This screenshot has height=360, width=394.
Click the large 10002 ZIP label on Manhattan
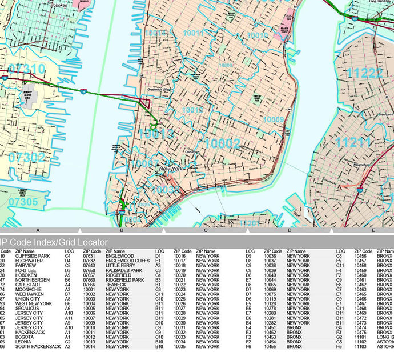[x=222, y=143]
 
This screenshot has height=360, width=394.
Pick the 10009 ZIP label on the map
[x=273, y=119]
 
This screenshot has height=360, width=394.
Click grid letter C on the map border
[x=206, y=230]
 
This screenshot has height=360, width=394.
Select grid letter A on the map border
[x=37, y=230]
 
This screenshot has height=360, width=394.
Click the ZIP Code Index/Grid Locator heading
[x=54, y=242]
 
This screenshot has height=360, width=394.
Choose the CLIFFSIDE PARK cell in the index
[x=35, y=256]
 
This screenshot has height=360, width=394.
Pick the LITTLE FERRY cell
[x=123, y=266]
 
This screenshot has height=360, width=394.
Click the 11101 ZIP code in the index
[x=360, y=337]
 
